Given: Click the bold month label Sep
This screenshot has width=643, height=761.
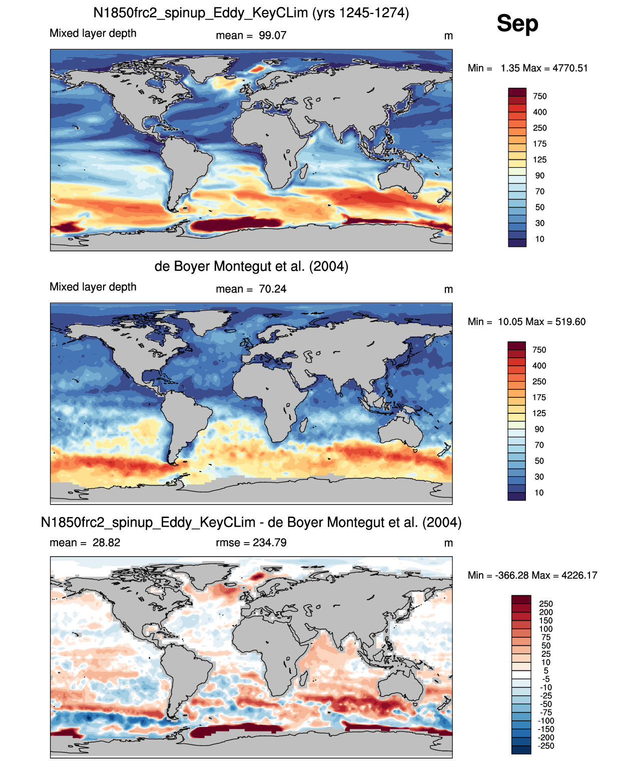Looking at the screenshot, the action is [x=517, y=23].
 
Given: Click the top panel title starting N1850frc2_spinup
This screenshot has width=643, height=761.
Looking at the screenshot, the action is [x=251, y=13].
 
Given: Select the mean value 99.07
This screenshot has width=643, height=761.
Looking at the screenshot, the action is [x=272, y=36].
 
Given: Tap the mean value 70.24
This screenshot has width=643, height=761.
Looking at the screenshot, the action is [x=272, y=289].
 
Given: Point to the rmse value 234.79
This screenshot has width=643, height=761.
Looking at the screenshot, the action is [x=270, y=543].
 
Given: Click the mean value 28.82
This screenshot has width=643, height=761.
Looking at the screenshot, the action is [x=106, y=543].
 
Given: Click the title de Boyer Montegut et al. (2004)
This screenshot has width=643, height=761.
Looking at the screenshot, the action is [x=251, y=266].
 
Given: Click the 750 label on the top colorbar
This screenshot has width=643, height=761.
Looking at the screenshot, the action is [x=540, y=97].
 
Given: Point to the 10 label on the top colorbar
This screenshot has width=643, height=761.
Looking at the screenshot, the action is [x=540, y=239].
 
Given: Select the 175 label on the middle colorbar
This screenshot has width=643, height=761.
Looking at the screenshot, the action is [x=539, y=398].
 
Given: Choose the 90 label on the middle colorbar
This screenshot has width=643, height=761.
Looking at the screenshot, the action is [x=539, y=429].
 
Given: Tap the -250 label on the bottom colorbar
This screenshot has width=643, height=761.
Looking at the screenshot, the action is [x=546, y=746].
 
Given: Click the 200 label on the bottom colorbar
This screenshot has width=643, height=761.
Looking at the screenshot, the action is [x=546, y=612].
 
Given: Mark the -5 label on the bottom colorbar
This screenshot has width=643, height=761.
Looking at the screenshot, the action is [x=546, y=679].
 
